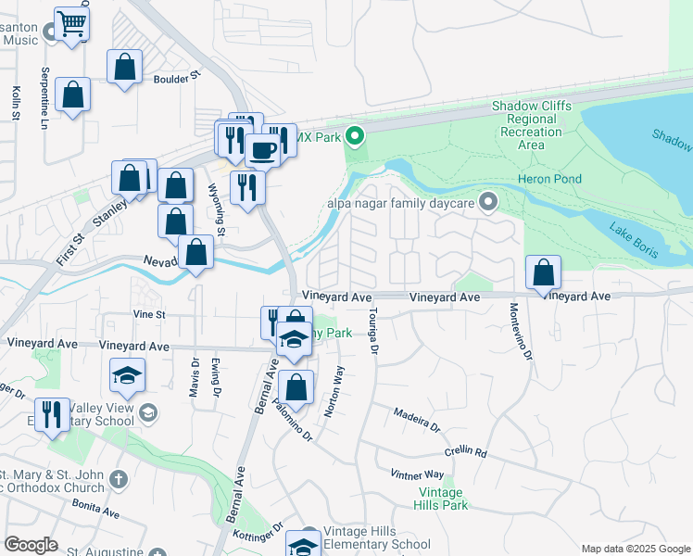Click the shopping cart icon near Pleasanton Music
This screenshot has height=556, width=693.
point(71,23)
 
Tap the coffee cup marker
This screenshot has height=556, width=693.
point(263,150)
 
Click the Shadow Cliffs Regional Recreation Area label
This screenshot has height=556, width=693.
point(531,125)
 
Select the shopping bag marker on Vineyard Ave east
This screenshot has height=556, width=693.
point(543,272)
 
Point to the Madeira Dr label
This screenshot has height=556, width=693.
point(415,420)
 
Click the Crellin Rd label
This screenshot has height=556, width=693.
point(465,451)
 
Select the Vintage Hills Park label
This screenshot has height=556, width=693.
point(443,499)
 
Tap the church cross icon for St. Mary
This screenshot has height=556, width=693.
point(118,479)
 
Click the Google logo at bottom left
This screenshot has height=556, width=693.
point(31,545)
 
